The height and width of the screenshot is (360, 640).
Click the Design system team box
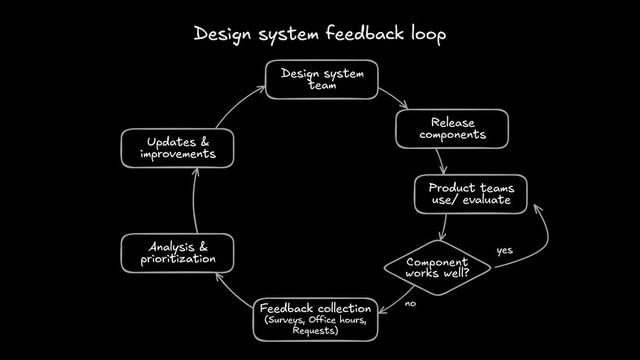click(322, 79)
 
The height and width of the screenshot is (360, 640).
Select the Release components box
click(452, 128)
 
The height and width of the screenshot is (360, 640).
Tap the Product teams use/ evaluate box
click(470, 194)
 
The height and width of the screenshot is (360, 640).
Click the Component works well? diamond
click(437, 268)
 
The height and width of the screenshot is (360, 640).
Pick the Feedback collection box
click(316, 319)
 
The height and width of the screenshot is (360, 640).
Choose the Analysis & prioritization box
click(178, 253)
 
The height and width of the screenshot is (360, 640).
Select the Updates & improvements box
click(178, 148)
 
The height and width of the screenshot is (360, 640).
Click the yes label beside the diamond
click(504, 250)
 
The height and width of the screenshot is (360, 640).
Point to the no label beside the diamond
click(410, 303)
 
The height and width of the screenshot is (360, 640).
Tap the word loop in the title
click(428, 34)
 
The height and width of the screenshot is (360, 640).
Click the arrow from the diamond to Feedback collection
click(394, 302)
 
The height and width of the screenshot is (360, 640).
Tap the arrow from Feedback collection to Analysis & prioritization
click(231, 289)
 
